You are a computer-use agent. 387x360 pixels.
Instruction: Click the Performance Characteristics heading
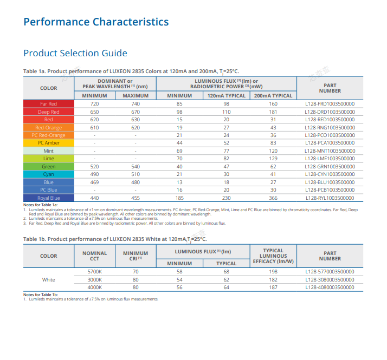tap(96, 22)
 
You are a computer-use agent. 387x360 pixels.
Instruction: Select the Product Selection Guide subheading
tap(75, 53)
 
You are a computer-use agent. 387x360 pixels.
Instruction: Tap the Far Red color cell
tap(48, 104)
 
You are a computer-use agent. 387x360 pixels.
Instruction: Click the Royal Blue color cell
tap(48, 198)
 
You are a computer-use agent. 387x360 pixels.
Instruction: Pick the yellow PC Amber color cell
tap(48, 143)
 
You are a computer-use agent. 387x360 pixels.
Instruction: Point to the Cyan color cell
tap(48, 174)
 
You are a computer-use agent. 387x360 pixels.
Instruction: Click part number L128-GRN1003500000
tap(330, 167)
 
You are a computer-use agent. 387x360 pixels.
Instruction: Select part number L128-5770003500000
tap(330, 272)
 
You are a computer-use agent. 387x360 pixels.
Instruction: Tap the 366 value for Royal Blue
tap(273, 198)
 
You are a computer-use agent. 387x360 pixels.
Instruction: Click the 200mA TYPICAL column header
tap(273, 96)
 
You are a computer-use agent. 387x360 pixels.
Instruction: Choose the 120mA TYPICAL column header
tap(226, 96)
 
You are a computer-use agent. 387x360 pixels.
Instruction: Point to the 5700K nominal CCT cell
tap(94, 272)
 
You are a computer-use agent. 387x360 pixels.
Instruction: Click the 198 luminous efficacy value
tap(273, 272)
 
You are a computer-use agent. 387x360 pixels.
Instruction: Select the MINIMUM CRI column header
tap(136, 256)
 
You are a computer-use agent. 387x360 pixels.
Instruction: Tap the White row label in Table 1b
tap(48, 279)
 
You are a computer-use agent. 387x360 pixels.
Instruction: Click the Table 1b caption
tap(115, 239)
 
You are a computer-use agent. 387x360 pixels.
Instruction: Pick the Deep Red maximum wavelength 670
tap(136, 112)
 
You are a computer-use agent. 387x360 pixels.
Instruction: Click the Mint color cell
tap(48, 151)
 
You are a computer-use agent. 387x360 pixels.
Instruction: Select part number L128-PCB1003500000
tap(330, 190)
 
